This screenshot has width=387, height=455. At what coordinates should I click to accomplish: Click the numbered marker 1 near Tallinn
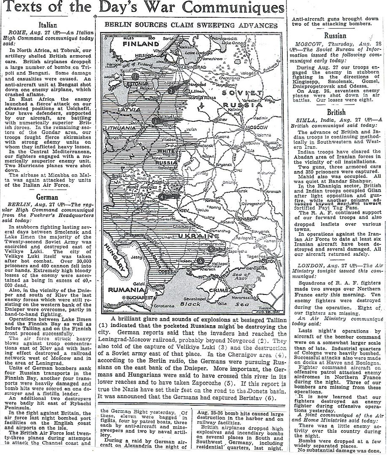[135, 77]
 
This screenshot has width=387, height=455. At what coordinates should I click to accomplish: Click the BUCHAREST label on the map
[137, 297]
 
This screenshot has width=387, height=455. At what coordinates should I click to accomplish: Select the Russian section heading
[336, 36]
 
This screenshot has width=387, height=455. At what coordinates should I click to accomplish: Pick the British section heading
[336, 112]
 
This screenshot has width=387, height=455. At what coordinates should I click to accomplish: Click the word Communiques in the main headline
[238, 8]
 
